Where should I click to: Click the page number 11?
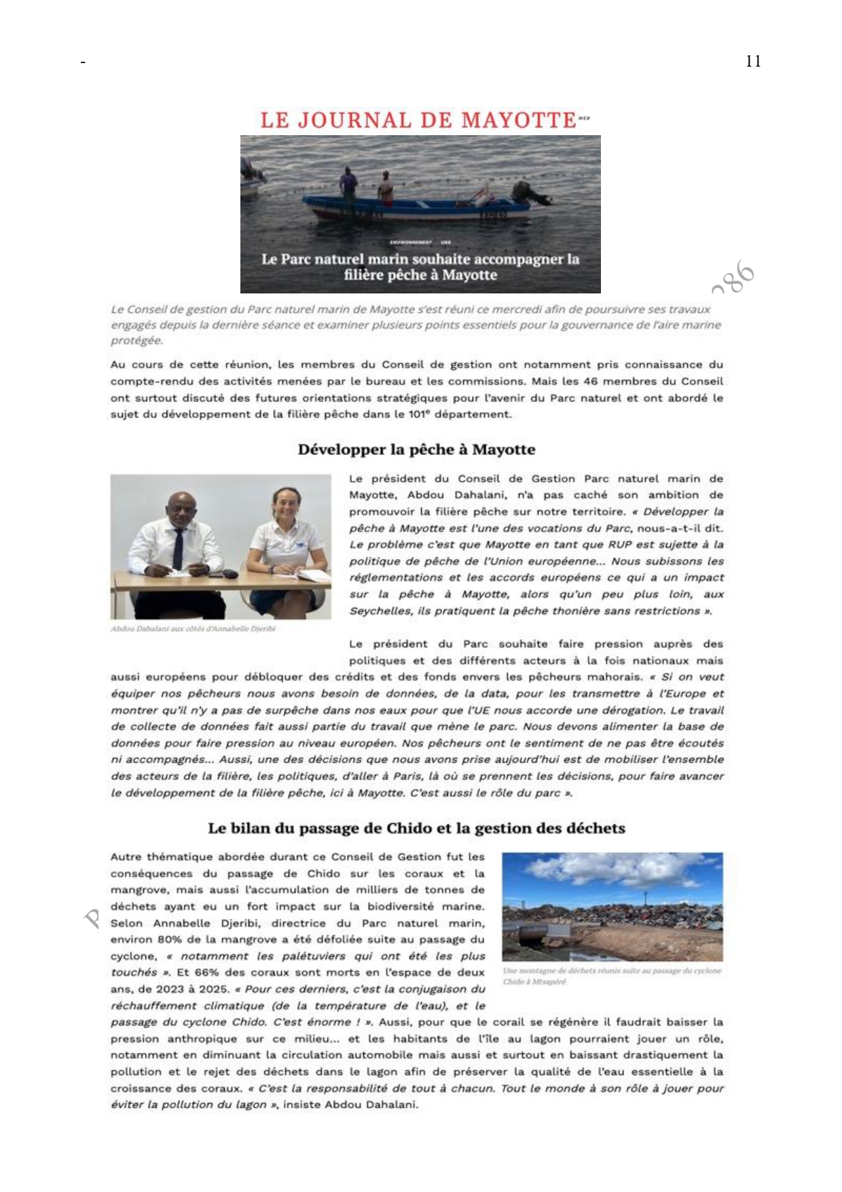[752, 61]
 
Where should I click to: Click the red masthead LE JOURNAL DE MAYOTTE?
[418, 120]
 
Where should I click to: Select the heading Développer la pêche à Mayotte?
[416, 450]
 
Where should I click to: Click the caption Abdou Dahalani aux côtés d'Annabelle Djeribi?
[193, 629]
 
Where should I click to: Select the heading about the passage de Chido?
[416, 828]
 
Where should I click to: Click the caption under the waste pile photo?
[611, 977]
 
